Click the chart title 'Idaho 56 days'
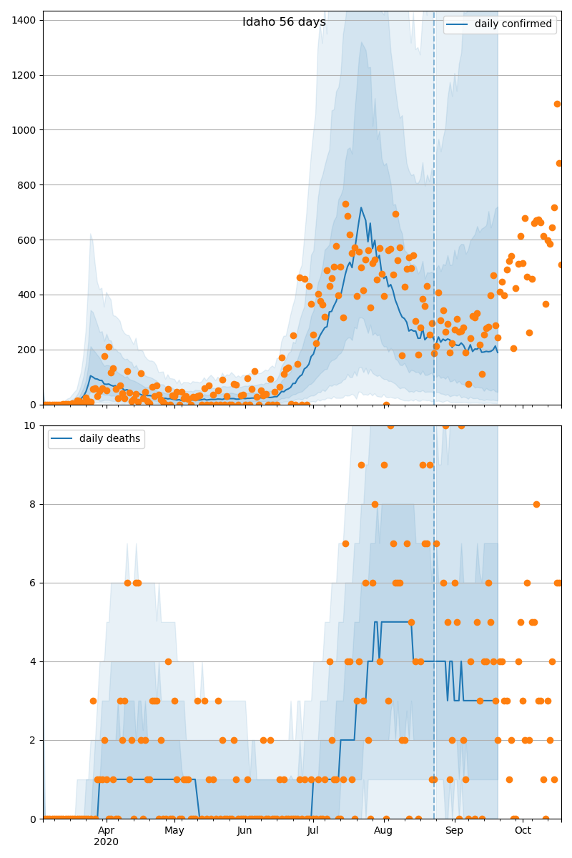coord(284,22)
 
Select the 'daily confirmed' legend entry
coord(513,24)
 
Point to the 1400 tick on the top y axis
coord(26,20)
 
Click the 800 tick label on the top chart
coord(29,185)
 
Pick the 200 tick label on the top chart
coord(29,350)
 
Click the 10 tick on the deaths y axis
coord(31,425)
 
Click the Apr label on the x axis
coord(106,831)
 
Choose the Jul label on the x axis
coord(312,831)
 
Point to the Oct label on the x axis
coord(523,831)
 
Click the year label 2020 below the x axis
coord(106,842)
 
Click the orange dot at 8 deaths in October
coord(536,504)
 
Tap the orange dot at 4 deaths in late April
coord(168,661)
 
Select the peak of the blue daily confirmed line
coord(361,208)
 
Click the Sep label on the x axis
coord(454,831)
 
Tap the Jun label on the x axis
coord(245,831)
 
